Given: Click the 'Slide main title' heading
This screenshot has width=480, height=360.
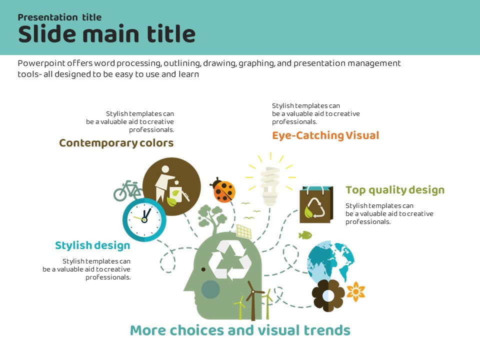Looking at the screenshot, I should click(x=106, y=34).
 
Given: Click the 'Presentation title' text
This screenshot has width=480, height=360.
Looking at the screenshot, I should click(x=59, y=17).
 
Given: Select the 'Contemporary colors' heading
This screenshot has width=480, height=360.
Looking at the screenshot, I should click(x=116, y=143).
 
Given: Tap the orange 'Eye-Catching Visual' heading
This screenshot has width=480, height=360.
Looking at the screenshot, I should click(x=325, y=135).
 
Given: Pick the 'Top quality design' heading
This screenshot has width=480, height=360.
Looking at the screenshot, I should click(x=395, y=190).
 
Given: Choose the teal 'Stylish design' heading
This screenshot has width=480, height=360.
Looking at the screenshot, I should click(x=92, y=245).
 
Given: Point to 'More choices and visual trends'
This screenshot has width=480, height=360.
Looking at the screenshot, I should click(x=240, y=330).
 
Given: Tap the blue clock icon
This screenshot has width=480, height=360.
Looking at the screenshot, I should click(x=144, y=219).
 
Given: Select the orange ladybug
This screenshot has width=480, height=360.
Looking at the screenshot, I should click(x=223, y=189).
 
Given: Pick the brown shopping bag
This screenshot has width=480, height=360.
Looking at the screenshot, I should click(x=315, y=204).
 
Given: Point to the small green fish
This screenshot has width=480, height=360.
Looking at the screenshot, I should click(x=305, y=234).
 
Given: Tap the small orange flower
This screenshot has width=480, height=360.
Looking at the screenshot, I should click(x=356, y=291).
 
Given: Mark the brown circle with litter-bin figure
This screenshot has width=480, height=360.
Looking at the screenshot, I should click(x=171, y=186).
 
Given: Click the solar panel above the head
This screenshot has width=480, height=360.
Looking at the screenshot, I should click(x=244, y=231).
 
